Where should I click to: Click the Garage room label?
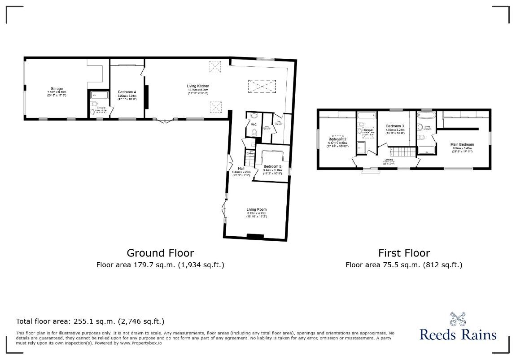57,88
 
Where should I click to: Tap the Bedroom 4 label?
127,92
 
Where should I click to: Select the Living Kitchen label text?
198,86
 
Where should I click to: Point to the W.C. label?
254,125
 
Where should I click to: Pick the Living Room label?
256,209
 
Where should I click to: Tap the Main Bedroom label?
462,144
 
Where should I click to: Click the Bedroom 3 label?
395,126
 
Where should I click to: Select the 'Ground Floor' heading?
160,253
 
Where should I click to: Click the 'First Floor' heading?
404,253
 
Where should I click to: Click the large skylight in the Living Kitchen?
262,86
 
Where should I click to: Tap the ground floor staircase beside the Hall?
249,158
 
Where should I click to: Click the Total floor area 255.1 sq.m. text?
90,321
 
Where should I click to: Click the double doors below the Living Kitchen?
163,120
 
